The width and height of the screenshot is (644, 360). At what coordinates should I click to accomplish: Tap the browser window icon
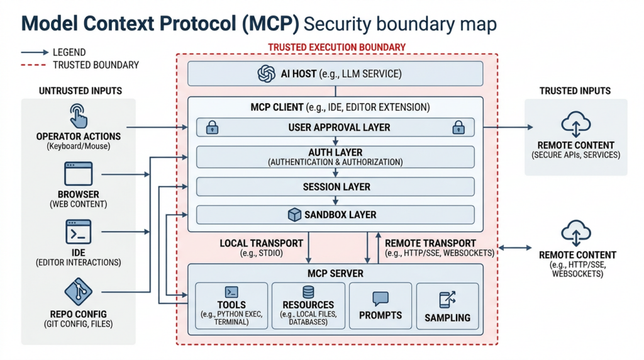79,173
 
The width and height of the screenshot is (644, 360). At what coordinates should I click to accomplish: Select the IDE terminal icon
79,232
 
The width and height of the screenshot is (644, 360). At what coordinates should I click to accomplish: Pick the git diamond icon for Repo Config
79,291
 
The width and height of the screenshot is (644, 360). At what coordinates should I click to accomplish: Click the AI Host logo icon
267,74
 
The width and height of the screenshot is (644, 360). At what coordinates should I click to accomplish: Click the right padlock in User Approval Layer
458,127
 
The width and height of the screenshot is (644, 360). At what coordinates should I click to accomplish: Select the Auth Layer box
335,157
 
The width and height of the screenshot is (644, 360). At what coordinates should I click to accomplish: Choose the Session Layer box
335,187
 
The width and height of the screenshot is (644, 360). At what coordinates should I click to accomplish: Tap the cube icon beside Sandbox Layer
294,215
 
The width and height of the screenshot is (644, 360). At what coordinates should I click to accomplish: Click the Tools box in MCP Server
231,306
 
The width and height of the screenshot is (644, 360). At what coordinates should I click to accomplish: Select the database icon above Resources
308,293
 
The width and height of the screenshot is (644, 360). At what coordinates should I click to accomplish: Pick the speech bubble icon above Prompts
380,298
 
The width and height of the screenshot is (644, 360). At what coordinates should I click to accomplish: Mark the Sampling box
447,306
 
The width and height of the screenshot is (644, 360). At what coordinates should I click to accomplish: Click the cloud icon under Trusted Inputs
575,123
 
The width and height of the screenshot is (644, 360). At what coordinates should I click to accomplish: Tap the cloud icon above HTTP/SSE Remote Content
575,232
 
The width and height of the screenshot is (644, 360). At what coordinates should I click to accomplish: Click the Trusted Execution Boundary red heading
336,47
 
